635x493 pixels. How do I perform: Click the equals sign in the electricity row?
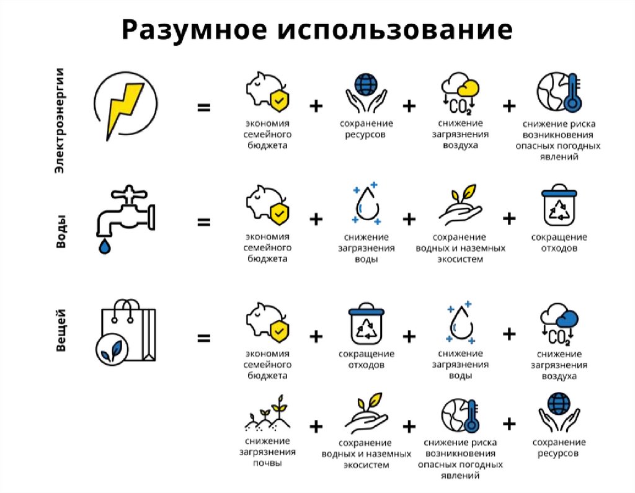click(203, 108)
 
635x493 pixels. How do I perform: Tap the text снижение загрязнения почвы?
click(267, 451)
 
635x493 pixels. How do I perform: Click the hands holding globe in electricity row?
click(366, 93)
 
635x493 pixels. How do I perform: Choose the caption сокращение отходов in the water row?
click(559, 242)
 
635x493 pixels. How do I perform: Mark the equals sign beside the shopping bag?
click(203, 339)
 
